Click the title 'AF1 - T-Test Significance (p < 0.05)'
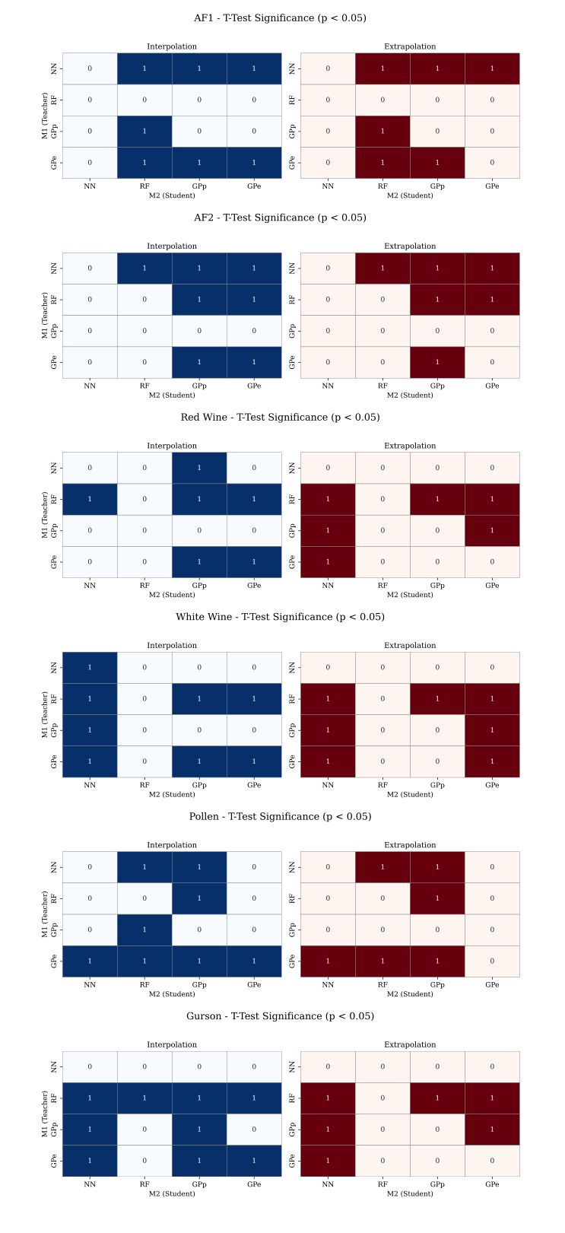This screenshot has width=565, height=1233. [280, 18]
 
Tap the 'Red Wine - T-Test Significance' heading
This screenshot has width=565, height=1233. [280, 418]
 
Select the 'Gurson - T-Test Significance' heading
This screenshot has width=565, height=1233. [280, 1016]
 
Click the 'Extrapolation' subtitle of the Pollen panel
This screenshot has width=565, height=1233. [410, 845]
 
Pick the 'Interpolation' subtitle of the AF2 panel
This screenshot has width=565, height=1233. [172, 246]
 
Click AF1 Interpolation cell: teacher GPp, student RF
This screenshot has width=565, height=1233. [144, 132]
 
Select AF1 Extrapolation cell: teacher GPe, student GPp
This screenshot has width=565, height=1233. [437, 163]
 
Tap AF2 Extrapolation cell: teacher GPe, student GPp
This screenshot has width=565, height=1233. [437, 362]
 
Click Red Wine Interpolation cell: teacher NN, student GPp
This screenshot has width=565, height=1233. [199, 468]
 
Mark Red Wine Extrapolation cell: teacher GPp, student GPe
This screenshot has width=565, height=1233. [492, 530]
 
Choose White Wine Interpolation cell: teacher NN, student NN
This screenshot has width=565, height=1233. [90, 668]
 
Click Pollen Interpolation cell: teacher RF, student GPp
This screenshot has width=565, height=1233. [199, 898]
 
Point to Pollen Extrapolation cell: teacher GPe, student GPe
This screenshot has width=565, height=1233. [492, 961]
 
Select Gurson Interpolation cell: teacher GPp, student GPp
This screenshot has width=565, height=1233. [199, 1130]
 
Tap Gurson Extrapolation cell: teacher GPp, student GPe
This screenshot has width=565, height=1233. [492, 1130]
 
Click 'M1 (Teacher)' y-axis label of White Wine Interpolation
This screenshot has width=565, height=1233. [45, 714]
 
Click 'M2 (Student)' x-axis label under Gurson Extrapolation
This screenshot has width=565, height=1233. [410, 1193]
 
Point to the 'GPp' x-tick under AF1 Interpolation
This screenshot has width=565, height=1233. [199, 186]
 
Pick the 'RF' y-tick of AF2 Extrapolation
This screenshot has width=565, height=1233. [293, 300]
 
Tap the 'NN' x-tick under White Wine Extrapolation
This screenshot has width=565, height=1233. [328, 785]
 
